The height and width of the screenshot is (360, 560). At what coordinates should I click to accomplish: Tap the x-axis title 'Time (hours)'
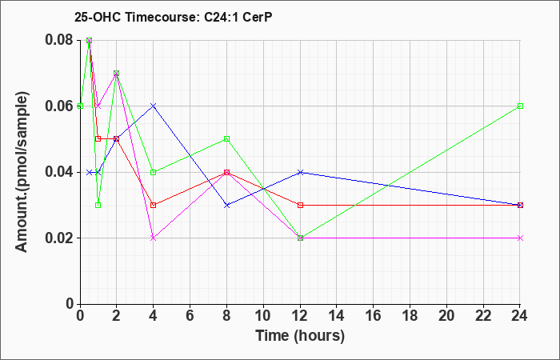[x=300, y=335]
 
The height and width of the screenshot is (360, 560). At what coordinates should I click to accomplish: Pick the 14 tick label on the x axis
[x=337, y=315]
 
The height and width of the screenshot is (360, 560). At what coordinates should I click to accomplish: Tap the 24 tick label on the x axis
[x=520, y=315]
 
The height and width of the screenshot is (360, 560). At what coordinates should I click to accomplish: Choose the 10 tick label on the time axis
[x=263, y=315]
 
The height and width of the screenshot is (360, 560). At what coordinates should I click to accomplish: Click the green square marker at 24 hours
[x=520, y=106]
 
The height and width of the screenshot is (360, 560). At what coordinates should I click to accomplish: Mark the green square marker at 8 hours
[x=227, y=138]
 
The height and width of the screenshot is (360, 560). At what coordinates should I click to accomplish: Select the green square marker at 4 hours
[x=154, y=172]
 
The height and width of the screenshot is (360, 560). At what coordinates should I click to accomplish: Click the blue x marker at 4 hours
[x=154, y=106]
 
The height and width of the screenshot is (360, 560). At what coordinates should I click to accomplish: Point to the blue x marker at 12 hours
[x=301, y=172]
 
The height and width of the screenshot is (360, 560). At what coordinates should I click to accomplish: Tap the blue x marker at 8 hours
[x=227, y=205]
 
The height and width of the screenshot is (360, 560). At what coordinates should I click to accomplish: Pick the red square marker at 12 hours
[x=301, y=205]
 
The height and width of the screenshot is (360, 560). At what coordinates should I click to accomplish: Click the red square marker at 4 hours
[x=154, y=205]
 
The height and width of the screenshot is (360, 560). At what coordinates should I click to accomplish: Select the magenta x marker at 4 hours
[x=154, y=238]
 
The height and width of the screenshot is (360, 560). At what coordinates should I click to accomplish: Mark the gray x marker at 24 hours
[x=520, y=238]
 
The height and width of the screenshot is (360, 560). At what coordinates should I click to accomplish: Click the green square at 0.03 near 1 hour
[x=98, y=205]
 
